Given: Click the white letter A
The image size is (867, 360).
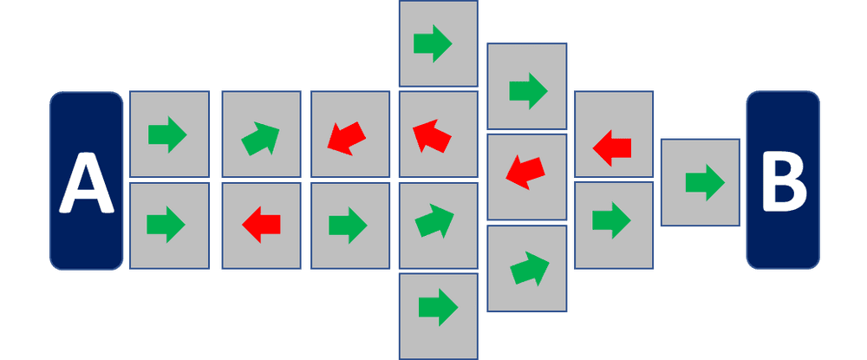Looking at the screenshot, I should (87, 183).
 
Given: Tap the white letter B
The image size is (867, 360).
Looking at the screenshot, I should (783, 183).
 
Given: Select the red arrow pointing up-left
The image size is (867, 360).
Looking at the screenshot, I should (433, 135).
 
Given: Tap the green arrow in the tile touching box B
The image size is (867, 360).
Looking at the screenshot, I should (704, 182).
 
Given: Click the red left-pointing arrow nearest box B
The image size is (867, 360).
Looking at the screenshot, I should (612, 147).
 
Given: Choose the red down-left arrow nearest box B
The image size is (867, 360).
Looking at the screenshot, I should (524, 171).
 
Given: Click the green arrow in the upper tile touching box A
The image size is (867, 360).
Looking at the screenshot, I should (167, 134).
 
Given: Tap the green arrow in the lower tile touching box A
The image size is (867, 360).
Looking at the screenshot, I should (166, 225).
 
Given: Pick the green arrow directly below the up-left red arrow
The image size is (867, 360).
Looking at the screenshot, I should (435, 222).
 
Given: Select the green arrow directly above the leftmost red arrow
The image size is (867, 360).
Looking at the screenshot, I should (261, 137).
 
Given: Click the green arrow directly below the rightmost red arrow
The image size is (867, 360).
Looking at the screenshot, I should (611, 219).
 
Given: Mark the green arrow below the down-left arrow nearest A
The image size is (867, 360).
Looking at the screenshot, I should (348, 226).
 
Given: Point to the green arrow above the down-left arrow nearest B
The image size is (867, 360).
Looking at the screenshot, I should (528, 88).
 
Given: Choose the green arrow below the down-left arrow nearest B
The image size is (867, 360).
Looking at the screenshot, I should (530, 268).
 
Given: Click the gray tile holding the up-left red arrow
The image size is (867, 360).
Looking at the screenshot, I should (438, 134).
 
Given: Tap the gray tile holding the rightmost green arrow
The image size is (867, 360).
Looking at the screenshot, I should (701, 182).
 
